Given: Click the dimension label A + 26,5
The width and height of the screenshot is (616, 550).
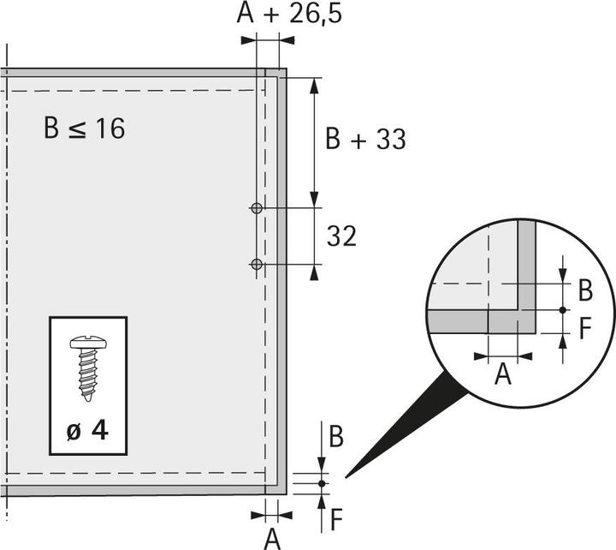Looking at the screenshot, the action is (289, 14).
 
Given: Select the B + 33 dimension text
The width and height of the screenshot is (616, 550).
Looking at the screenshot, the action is (365, 139).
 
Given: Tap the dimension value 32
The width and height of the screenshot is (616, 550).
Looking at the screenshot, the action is (341, 236).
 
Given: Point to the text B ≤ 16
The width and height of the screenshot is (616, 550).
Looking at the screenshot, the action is (84, 129).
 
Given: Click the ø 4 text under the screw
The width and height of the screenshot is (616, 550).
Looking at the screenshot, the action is (87, 430).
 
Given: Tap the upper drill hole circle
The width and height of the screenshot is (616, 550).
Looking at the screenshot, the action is (257, 208).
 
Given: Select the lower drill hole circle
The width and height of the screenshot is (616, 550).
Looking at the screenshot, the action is (257, 265).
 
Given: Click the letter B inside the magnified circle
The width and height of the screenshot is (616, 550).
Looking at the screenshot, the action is (585, 290).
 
